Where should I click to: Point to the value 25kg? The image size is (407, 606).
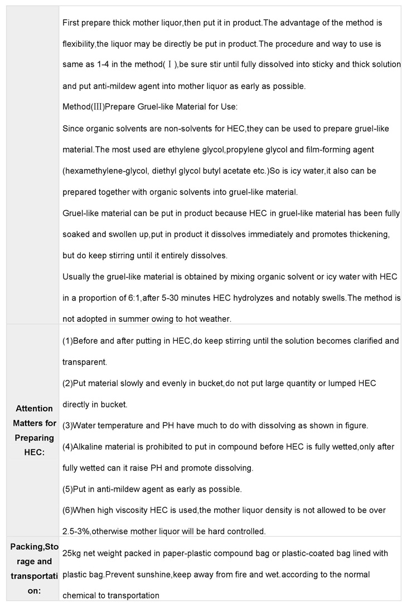tap(73, 553)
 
